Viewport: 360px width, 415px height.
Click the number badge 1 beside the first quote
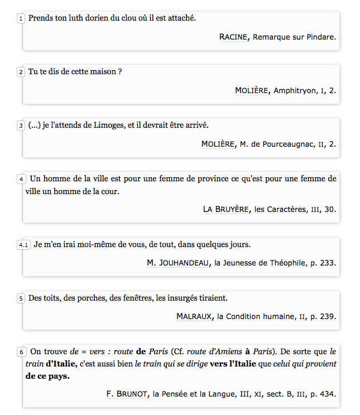[21, 18]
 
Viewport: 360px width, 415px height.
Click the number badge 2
[21, 72]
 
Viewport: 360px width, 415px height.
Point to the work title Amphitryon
[294, 90]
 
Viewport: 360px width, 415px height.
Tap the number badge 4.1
[23, 245]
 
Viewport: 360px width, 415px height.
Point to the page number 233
[328, 263]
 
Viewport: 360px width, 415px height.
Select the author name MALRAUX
[194, 316]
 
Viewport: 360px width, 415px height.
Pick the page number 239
[328, 316]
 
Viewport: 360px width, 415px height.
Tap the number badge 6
[21, 352]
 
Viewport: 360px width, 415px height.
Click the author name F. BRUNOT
[128, 394]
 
